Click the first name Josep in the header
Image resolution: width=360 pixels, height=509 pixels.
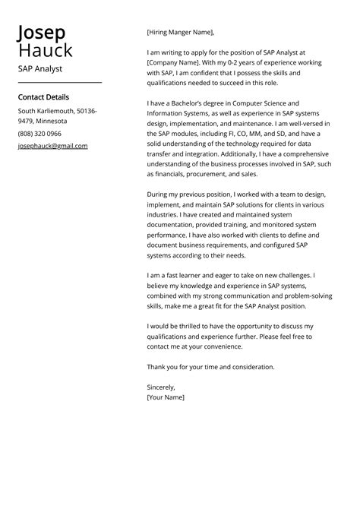[42, 33]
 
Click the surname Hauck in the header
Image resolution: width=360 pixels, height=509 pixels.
[46, 51]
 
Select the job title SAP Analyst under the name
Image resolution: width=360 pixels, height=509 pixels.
[40, 69]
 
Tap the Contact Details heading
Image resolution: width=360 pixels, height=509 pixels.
[43, 97]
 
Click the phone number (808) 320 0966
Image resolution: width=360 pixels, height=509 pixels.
[39, 134]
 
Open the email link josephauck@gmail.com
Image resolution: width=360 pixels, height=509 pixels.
[52, 146]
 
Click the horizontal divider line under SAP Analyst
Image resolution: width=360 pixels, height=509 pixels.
[59, 82]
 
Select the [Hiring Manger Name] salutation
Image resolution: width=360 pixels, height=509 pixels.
[181, 32]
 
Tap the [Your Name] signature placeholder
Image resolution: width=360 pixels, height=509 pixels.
[166, 397]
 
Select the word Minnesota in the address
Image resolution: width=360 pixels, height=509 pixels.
[52, 121]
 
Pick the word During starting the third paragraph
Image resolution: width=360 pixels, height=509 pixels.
[159, 194]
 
